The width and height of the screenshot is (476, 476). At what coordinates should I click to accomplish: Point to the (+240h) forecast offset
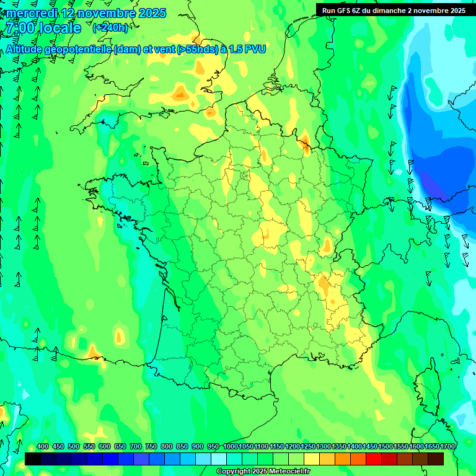tap(110, 28)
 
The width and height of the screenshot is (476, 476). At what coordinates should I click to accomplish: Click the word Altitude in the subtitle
tap(27, 50)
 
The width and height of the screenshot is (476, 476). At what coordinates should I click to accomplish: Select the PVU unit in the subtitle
tap(254, 50)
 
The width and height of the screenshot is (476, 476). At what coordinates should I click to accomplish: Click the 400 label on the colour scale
tap(43, 446)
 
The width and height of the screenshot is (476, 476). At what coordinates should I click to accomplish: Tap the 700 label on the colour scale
tap(135, 446)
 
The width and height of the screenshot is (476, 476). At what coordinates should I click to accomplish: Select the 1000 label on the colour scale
tap(230, 446)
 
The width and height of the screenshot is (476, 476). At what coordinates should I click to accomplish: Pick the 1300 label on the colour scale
tap(324, 446)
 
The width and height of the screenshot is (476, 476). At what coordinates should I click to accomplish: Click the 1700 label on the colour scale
tap(447, 446)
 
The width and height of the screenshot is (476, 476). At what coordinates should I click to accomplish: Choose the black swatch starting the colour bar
tap(33, 459)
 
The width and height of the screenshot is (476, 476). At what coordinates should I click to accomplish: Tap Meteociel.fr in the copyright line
tap(288, 472)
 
